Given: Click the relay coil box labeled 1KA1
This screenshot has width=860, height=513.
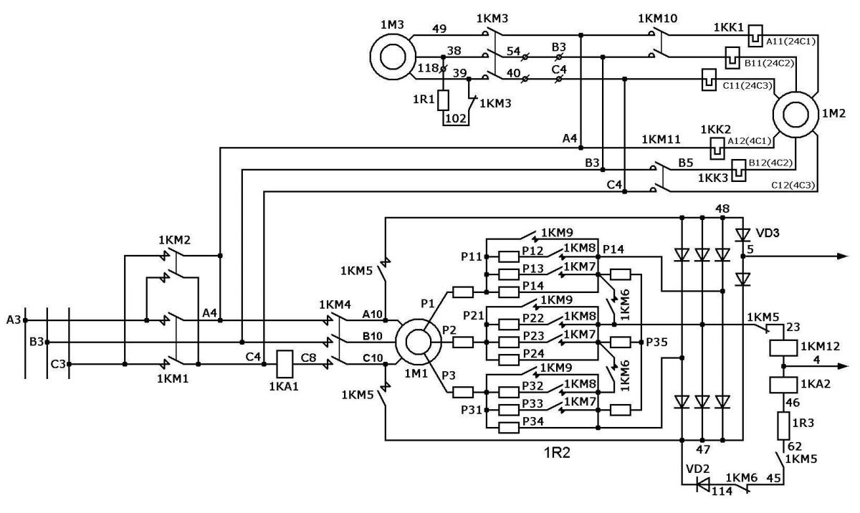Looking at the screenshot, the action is [x=285, y=364].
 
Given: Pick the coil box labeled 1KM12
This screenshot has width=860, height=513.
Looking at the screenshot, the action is [x=783, y=347].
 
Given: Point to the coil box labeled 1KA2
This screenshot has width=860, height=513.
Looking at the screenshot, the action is [x=783, y=385].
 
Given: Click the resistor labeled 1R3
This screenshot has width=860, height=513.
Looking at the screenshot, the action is [x=783, y=426].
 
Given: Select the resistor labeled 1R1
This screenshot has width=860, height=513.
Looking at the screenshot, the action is [x=444, y=100].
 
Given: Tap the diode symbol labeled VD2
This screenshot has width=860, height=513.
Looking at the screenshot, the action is [x=703, y=484].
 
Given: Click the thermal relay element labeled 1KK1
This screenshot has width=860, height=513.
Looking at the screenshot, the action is [x=755, y=36].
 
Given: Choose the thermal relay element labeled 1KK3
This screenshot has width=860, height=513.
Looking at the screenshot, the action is [x=739, y=171].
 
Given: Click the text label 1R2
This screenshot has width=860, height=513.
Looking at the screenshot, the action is [x=557, y=453].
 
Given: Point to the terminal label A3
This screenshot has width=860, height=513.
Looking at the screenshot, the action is [x=13, y=320].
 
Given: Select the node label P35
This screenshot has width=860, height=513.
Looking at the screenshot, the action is [x=656, y=342].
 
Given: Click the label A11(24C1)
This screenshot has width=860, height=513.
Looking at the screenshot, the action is [x=791, y=41].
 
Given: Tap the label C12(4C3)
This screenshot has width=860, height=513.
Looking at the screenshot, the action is [x=793, y=186].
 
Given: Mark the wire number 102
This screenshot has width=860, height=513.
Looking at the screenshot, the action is [x=456, y=118].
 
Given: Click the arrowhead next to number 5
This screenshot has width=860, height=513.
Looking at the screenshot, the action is [x=842, y=256].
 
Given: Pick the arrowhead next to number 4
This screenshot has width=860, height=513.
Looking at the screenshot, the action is [x=842, y=366].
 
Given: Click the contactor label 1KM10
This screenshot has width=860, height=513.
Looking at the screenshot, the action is [x=658, y=18].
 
